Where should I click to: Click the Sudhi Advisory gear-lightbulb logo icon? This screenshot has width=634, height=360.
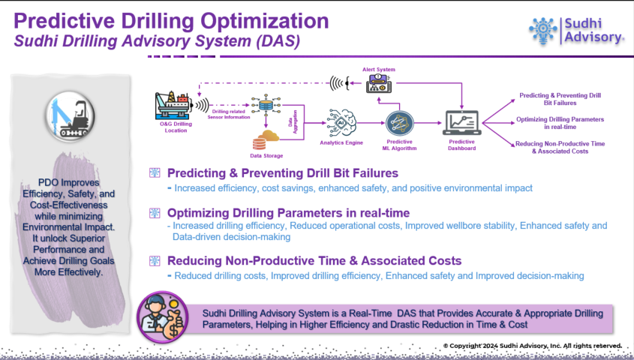[x=543, y=30]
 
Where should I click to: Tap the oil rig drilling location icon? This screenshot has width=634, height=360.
[x=172, y=106]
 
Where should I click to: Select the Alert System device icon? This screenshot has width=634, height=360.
[x=378, y=84]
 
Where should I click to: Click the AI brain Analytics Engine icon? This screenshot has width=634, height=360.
[x=341, y=123]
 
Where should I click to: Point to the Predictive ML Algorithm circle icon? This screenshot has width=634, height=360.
[x=399, y=123]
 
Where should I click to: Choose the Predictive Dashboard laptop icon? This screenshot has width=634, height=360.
[x=461, y=123]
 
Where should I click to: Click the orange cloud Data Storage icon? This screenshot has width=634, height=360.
[x=266, y=139]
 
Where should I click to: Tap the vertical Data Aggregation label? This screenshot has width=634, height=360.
[x=293, y=121]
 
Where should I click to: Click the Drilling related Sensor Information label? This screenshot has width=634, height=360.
[x=229, y=114]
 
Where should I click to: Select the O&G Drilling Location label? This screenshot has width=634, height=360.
[x=176, y=127]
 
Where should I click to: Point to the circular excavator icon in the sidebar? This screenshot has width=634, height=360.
[x=71, y=117]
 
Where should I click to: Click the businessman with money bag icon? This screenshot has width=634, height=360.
[x=163, y=317]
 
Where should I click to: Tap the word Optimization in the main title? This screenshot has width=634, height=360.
[x=265, y=21]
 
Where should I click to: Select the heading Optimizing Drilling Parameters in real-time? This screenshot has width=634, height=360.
[x=288, y=213]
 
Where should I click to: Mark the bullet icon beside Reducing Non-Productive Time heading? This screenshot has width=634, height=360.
[x=155, y=261]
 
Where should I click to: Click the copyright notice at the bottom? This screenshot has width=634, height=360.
[x=532, y=346]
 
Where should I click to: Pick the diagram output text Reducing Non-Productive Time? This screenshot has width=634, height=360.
[x=560, y=143]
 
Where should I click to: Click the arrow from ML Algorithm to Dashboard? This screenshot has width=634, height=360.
[x=428, y=123]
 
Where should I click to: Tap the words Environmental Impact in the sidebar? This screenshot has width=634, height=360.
[x=68, y=227]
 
